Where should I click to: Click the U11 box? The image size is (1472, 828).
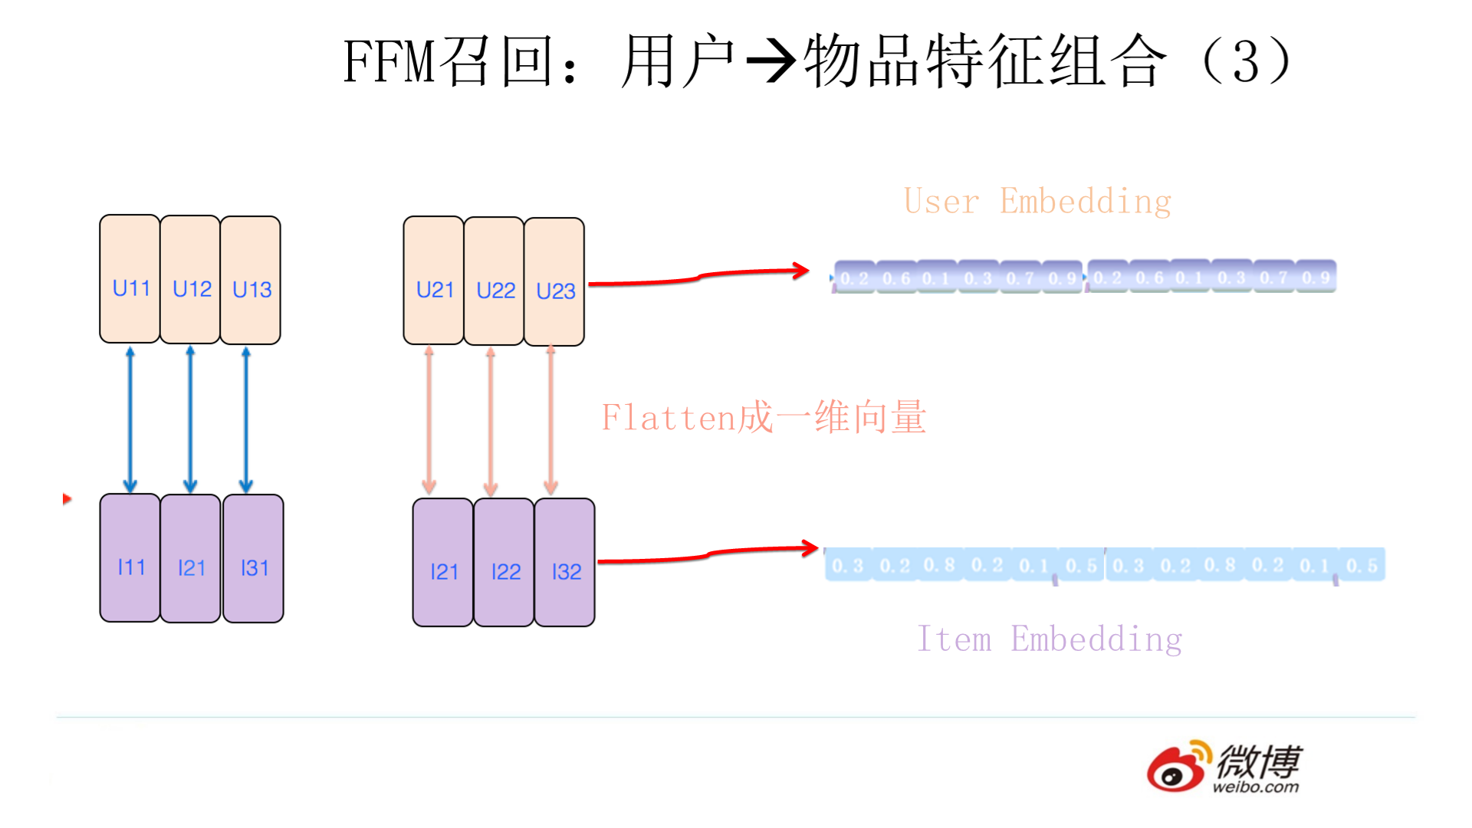(x=130, y=279)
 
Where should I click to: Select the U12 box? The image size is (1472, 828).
(x=190, y=279)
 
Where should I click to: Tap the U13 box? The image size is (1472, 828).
(x=251, y=280)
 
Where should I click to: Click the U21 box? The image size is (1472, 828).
(x=434, y=281)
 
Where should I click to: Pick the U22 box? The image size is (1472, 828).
(x=495, y=281)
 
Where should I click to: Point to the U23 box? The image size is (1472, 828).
(x=554, y=282)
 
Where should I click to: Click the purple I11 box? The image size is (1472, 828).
(x=130, y=558)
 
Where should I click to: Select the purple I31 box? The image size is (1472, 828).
(x=254, y=559)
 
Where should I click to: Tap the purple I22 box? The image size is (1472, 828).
(x=504, y=563)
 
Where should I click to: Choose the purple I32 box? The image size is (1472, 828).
(x=565, y=563)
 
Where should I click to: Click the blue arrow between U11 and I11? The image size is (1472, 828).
(x=130, y=419)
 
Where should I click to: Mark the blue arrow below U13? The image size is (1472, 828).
(x=246, y=419)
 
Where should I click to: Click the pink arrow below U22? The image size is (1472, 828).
(x=491, y=422)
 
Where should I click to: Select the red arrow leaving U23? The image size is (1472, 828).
(x=698, y=277)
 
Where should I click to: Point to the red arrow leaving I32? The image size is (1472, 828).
(x=707, y=554)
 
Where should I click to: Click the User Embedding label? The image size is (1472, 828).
(x=1037, y=202)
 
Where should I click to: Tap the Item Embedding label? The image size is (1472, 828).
(x=1050, y=639)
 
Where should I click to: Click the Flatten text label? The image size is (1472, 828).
(x=764, y=418)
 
